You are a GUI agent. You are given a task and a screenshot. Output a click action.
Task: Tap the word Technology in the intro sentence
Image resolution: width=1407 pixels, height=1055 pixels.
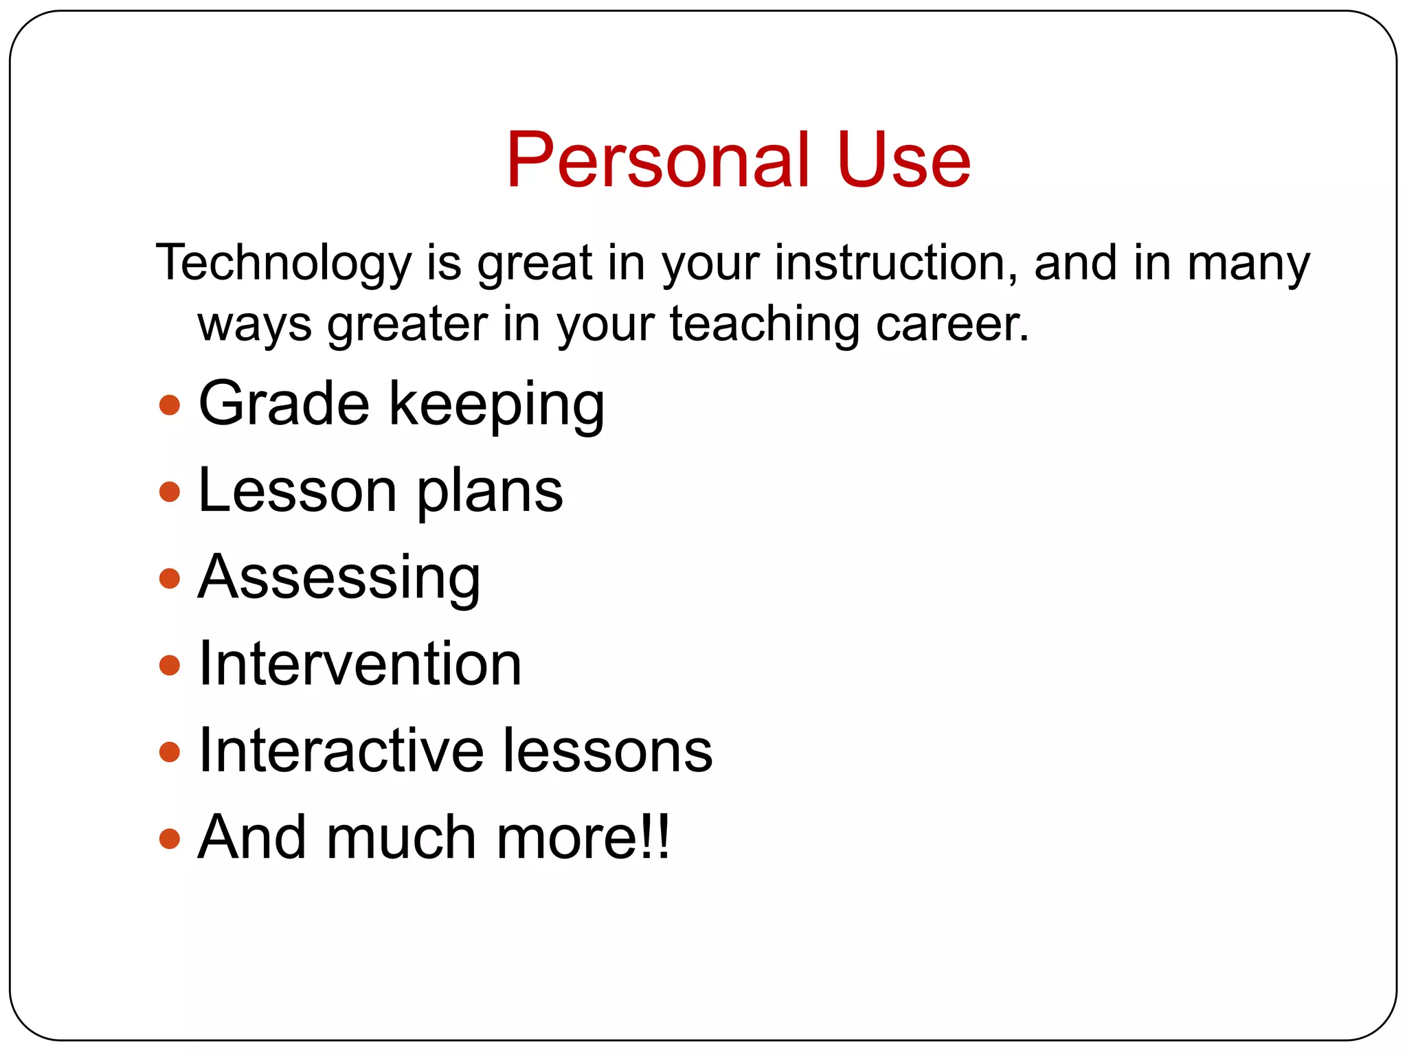click(x=283, y=264)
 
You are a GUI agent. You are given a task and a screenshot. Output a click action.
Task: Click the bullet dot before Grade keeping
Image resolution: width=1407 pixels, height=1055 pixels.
click(x=169, y=405)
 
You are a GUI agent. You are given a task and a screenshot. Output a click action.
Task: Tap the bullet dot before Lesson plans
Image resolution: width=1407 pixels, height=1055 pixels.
click(x=169, y=492)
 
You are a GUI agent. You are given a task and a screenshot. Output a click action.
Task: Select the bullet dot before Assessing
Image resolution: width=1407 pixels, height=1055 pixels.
click(x=169, y=578)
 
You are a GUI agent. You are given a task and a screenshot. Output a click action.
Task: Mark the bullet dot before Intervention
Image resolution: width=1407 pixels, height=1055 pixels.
click(x=169, y=665)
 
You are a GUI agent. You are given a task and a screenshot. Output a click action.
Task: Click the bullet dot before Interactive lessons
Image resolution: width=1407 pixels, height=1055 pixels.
click(x=169, y=751)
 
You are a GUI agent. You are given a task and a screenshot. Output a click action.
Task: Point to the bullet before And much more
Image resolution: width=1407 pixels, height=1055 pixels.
click(x=169, y=838)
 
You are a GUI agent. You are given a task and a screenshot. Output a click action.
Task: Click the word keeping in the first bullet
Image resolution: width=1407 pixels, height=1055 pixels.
click(x=497, y=405)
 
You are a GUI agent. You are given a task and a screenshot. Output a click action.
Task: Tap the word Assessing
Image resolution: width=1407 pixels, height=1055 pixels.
click(x=339, y=578)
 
